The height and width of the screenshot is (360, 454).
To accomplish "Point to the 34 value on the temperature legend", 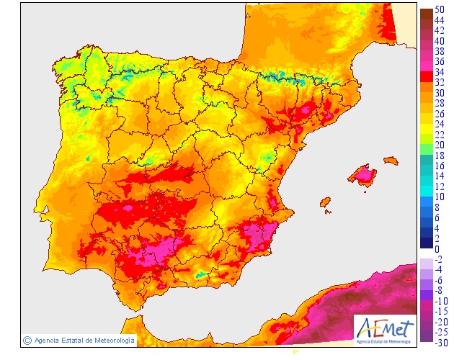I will click(439, 72).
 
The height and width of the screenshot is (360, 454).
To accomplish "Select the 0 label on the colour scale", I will click(437, 249).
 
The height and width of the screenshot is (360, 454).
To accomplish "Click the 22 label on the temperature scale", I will click(439, 135).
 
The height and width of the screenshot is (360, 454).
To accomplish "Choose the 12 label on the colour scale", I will click(439, 186).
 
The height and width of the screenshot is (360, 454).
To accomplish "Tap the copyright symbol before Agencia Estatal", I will click(27, 340).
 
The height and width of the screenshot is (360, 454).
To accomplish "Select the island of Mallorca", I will click(362, 174).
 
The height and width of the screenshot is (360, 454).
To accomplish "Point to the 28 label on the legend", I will click(439, 103).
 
